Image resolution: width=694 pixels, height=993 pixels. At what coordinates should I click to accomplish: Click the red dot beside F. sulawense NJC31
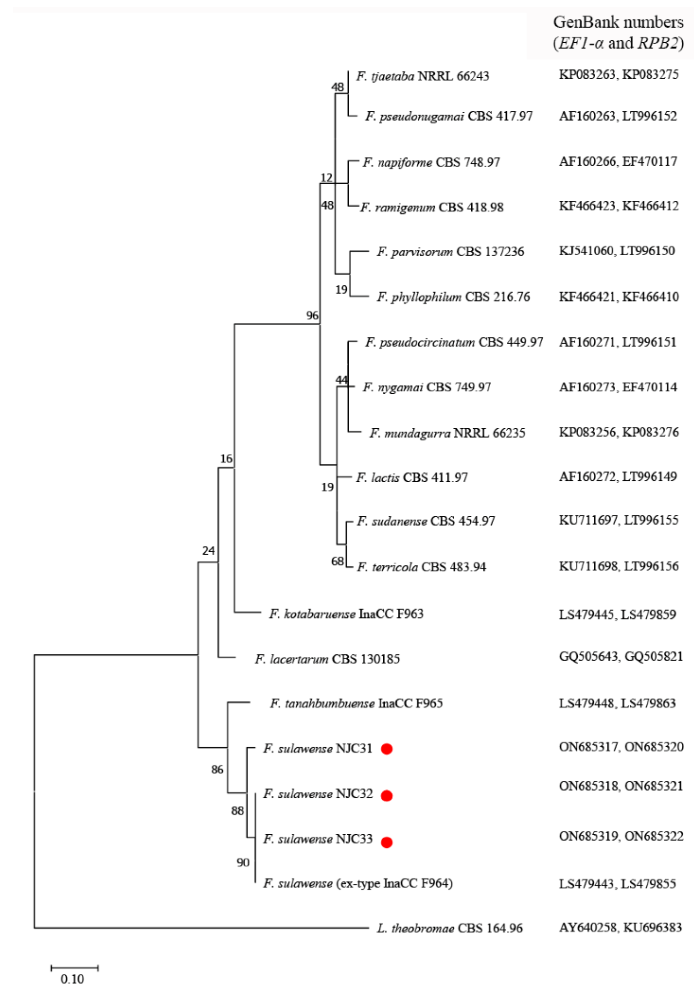pyautogui.click(x=386, y=749)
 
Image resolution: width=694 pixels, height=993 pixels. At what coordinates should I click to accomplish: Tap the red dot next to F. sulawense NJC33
pyautogui.click(x=387, y=842)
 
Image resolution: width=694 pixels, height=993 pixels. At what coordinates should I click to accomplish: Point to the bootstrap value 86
pyautogui.click(x=217, y=770)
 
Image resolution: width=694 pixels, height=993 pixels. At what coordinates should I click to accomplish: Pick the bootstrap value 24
pyautogui.click(x=208, y=551)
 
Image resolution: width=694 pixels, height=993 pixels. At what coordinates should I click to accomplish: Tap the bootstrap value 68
pyautogui.click(x=338, y=561)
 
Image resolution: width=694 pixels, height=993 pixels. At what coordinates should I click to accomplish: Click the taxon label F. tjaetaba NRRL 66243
pyautogui.click(x=422, y=76)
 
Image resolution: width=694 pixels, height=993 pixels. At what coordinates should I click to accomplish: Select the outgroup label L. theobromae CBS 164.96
pyautogui.click(x=449, y=929)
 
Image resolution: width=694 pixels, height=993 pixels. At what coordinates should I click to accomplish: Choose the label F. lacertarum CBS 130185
pyautogui.click(x=327, y=659)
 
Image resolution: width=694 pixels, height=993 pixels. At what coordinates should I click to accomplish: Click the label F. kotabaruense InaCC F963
pyautogui.click(x=346, y=614)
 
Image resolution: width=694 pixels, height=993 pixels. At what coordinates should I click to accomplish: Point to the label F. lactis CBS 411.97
pyautogui.click(x=412, y=478)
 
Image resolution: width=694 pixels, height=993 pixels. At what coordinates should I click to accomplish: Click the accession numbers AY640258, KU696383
pyautogui.click(x=620, y=927)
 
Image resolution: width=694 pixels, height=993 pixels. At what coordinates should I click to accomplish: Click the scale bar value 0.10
pyautogui.click(x=72, y=979)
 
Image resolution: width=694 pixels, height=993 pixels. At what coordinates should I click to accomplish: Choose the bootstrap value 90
pyautogui.click(x=243, y=862)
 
